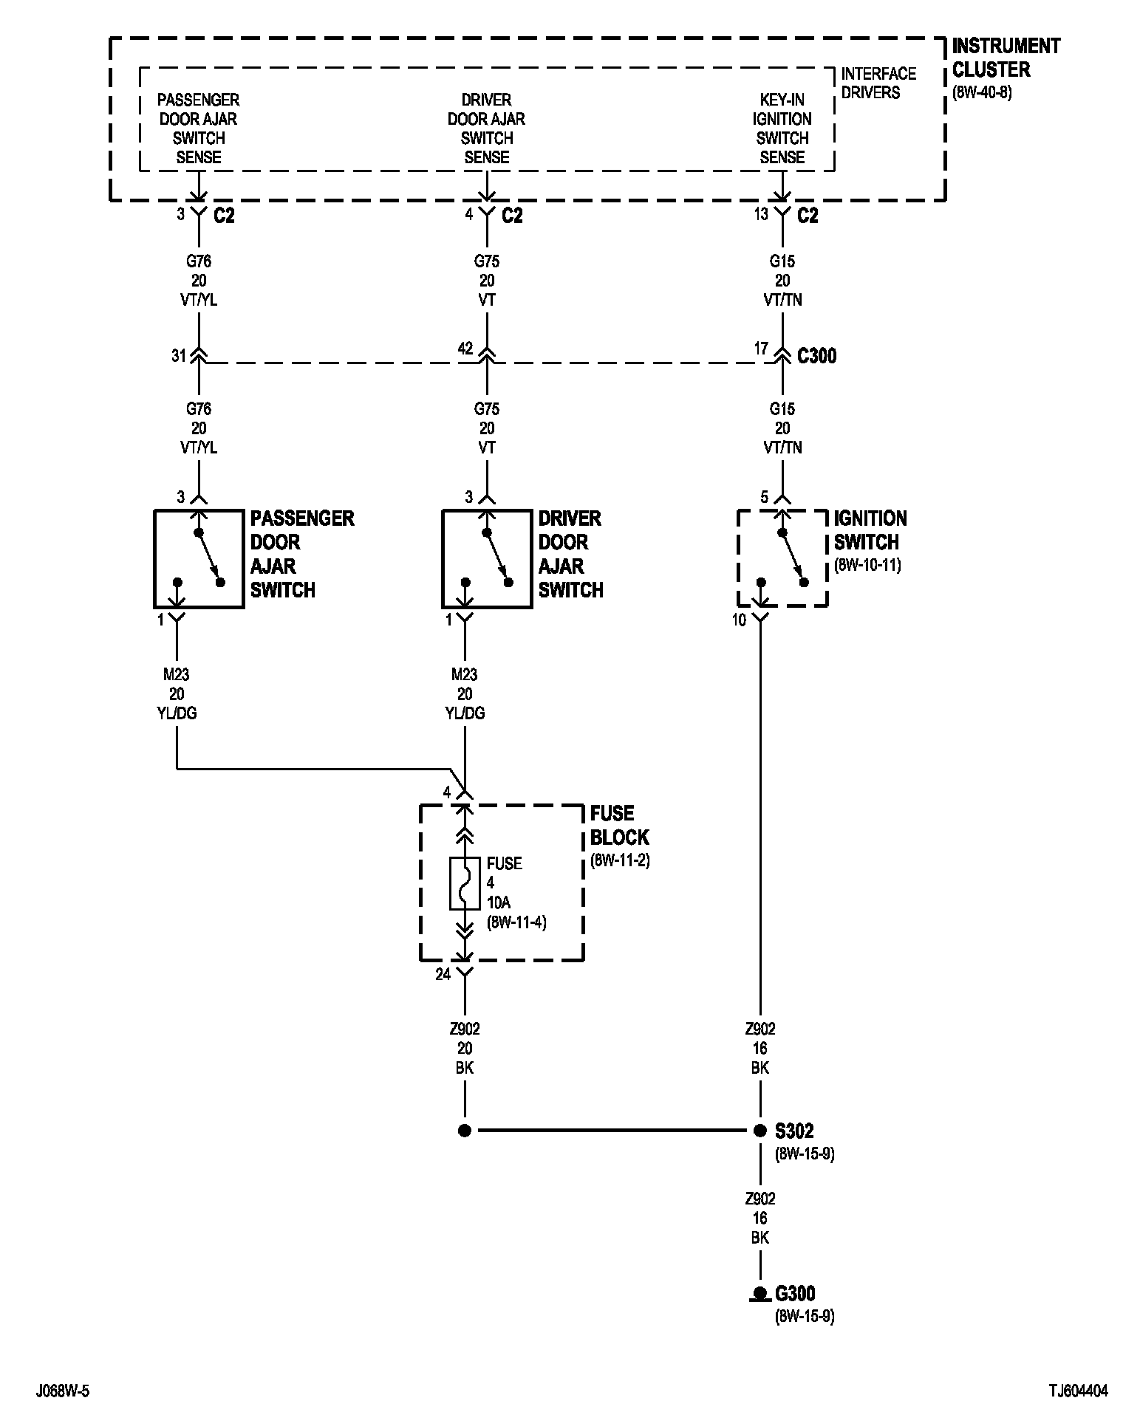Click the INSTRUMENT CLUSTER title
point(1005,58)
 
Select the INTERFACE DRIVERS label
point(878,83)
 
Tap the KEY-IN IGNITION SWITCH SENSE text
point(782,128)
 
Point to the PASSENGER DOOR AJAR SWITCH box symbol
point(199,558)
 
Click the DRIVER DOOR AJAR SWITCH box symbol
point(487,558)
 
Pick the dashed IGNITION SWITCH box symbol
point(782,558)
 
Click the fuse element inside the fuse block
point(465,883)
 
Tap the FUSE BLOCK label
point(619,826)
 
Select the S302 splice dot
point(760,1130)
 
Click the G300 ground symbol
point(759,1293)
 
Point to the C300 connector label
point(816,356)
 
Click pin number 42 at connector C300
point(465,349)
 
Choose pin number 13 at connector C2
point(761,215)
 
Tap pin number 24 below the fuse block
point(443,974)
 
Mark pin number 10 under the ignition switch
point(740,620)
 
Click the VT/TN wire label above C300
point(782,300)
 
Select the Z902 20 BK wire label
point(465,1048)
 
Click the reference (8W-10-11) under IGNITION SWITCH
point(867,566)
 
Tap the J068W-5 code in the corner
point(63,1391)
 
